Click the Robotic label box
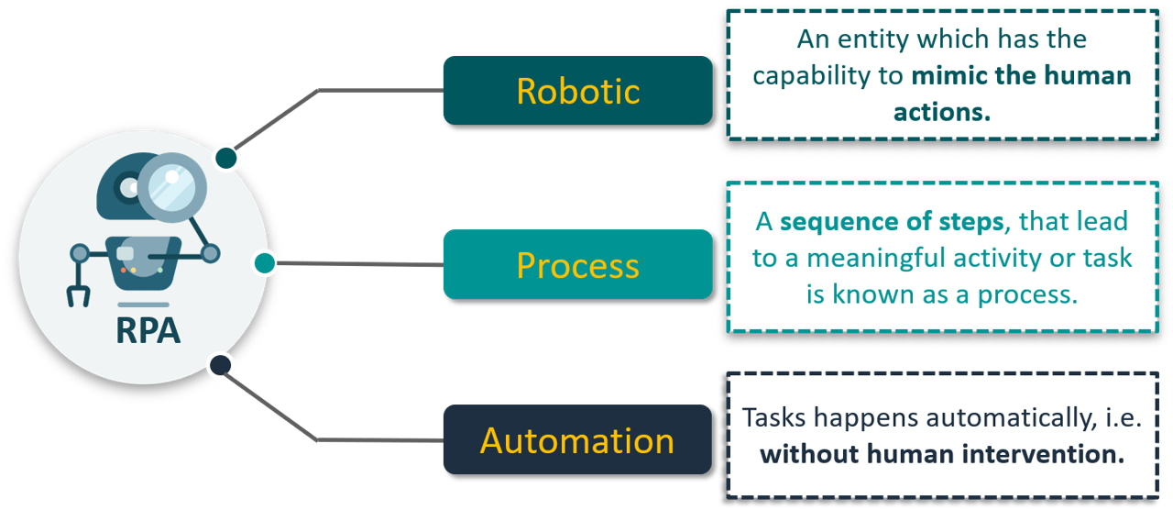tap(577, 90)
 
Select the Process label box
tap(577, 264)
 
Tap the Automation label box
tap(577, 440)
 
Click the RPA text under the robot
tap(148, 330)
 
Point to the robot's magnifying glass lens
tap(171, 185)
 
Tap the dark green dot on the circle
tap(226, 158)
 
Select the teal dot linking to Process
tap(264, 263)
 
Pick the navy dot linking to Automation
tap(220, 366)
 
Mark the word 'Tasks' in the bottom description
tap(773, 417)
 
